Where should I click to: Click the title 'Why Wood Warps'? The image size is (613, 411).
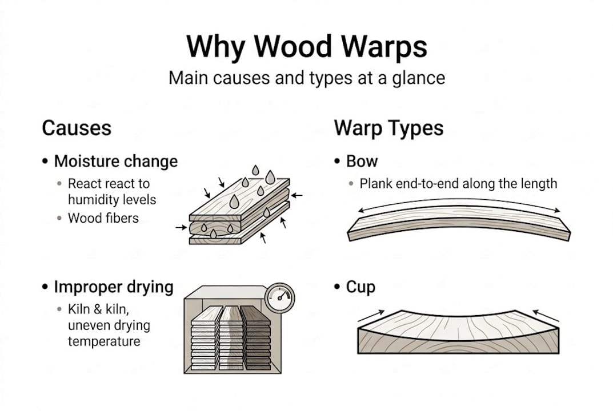pyautogui.click(x=306, y=47)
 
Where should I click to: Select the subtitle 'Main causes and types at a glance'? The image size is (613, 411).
pyautogui.click(x=306, y=78)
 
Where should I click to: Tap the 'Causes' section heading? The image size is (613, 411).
pyautogui.click(x=77, y=128)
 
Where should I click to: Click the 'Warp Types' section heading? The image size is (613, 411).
pyautogui.click(x=388, y=128)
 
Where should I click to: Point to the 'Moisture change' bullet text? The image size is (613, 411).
pyautogui.click(x=116, y=161)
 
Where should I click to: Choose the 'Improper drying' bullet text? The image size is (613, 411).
pyautogui.click(x=114, y=287)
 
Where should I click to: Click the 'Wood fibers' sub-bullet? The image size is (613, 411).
pyautogui.click(x=103, y=217)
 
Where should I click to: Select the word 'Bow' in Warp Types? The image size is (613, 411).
pyautogui.click(x=362, y=161)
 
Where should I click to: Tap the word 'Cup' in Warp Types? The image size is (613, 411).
pyautogui.click(x=360, y=287)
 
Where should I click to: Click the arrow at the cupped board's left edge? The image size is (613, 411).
pyautogui.click(x=371, y=315)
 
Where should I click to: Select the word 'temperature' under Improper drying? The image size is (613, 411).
pyautogui.click(x=103, y=341)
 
